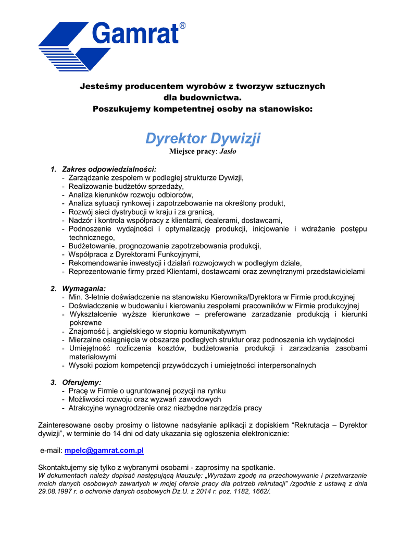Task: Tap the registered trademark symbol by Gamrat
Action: click(182, 26)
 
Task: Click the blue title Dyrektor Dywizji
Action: click(203, 139)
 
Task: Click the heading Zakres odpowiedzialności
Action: click(109, 169)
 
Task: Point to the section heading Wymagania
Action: click(84, 288)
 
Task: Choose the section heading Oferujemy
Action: click(82, 382)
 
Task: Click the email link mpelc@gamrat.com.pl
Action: click(104, 450)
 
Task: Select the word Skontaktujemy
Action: click(64, 467)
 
